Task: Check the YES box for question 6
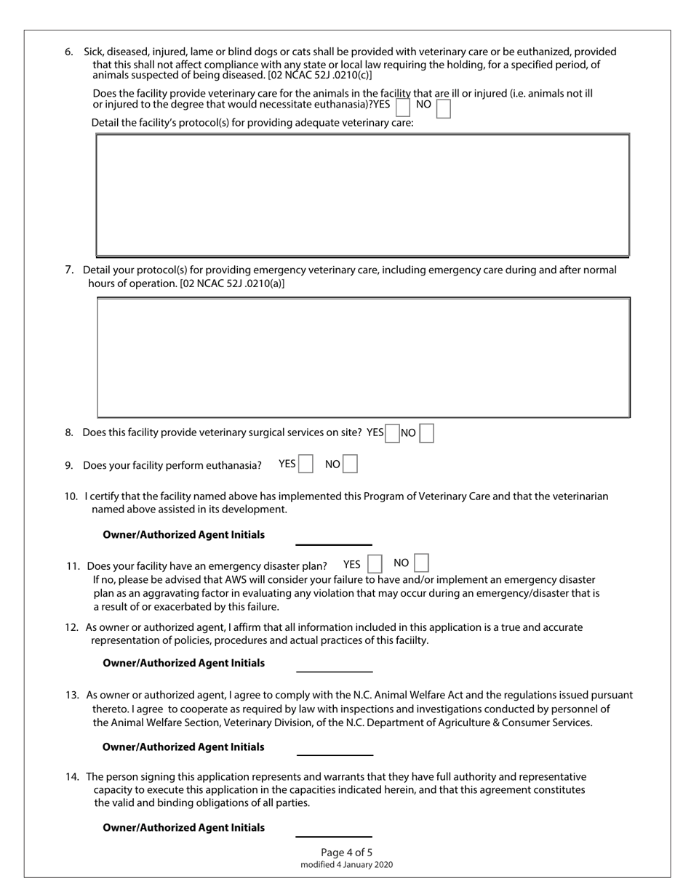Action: coord(402,108)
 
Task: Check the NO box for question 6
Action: coord(443,108)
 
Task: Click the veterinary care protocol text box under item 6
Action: coord(362,195)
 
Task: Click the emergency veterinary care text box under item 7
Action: coord(363,357)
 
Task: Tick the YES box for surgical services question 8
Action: coord(392,433)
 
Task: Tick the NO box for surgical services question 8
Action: coord(427,433)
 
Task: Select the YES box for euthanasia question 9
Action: coord(306,464)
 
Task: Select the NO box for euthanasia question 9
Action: coord(350,464)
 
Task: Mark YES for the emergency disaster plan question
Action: coord(375,564)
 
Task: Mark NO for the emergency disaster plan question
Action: coord(421,563)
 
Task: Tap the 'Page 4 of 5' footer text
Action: coord(346,853)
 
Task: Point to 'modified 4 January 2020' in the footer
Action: coord(346,865)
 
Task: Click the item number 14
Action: coord(73,777)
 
